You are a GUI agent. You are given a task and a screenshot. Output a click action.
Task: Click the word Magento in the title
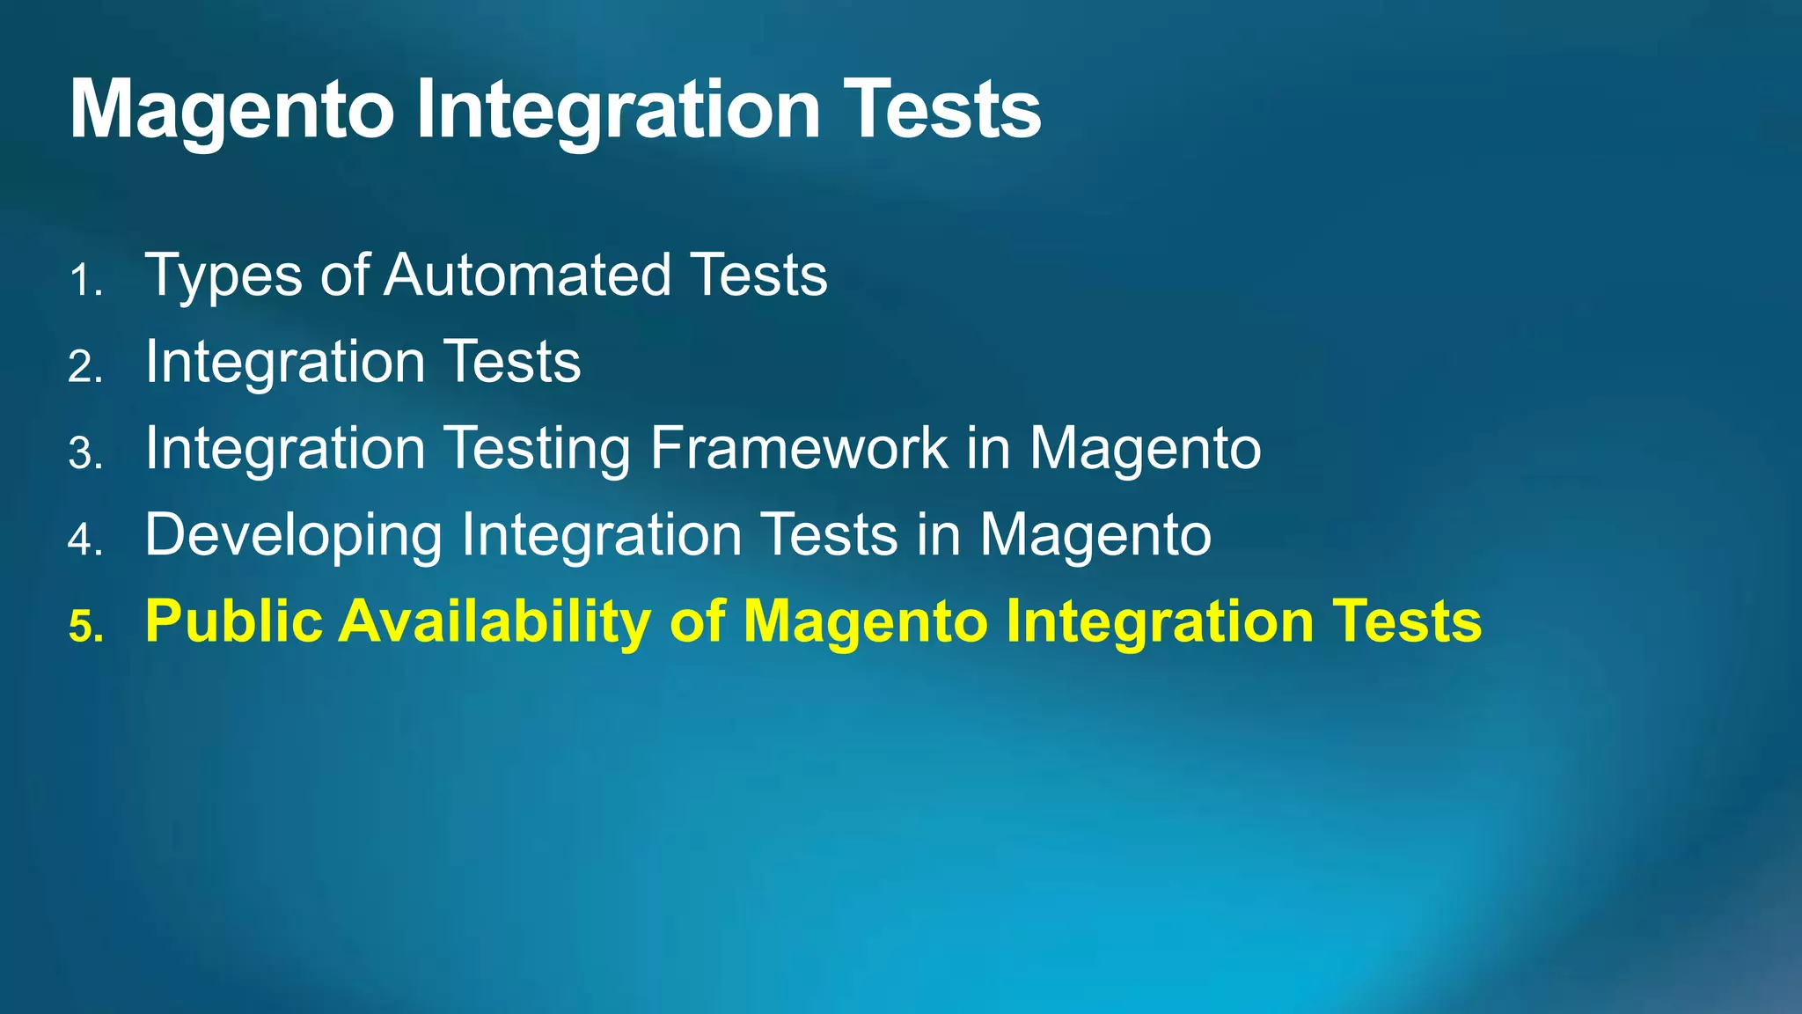pyautogui.click(x=231, y=111)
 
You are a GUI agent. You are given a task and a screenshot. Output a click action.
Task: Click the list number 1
pyautogui.click(x=85, y=282)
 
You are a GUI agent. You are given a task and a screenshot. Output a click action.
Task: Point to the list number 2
pyautogui.click(x=85, y=367)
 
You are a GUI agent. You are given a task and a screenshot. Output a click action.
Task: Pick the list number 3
pyautogui.click(x=85, y=453)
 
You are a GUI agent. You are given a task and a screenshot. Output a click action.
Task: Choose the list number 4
pyautogui.click(x=85, y=540)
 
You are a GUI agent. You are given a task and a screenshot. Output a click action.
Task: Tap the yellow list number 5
pyautogui.click(x=85, y=627)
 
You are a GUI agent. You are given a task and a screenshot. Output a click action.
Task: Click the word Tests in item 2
pyautogui.click(x=511, y=362)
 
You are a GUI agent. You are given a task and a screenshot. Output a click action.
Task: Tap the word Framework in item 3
pyautogui.click(x=799, y=448)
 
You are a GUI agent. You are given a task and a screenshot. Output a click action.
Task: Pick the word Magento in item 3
pyautogui.click(x=1145, y=450)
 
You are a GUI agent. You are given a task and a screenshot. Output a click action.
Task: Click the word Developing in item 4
pyautogui.click(x=293, y=536)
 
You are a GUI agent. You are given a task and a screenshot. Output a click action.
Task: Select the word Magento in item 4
pyautogui.click(x=1095, y=536)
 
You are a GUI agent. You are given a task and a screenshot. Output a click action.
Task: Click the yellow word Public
pyautogui.click(x=234, y=621)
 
